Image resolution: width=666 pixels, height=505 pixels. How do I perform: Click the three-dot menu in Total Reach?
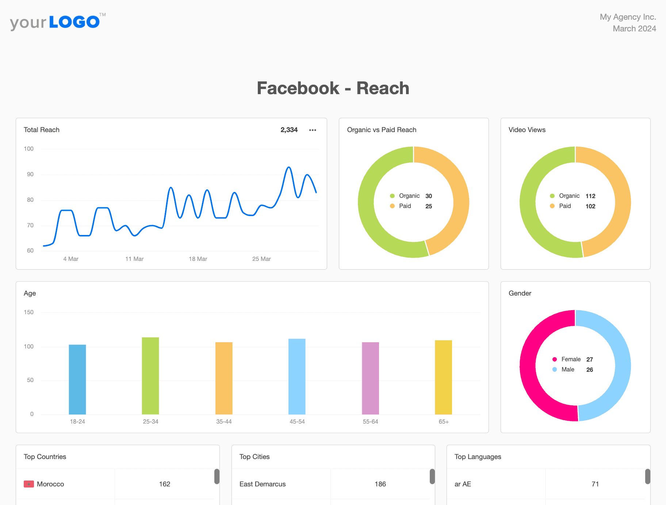click(x=313, y=130)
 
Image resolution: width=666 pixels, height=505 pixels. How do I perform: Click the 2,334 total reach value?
click(x=289, y=130)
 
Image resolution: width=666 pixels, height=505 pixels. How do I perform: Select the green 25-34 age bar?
click(x=150, y=376)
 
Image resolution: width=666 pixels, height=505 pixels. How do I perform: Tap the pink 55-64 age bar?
click(x=370, y=378)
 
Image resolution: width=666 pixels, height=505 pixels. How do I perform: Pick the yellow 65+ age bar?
click(x=443, y=377)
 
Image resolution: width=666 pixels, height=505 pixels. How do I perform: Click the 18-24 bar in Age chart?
click(x=77, y=379)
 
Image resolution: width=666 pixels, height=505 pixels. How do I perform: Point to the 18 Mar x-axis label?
click(x=198, y=259)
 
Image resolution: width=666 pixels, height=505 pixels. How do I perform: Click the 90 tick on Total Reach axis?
click(x=30, y=174)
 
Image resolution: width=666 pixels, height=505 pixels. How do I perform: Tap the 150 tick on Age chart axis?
click(x=28, y=312)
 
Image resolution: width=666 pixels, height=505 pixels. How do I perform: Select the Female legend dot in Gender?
click(x=555, y=359)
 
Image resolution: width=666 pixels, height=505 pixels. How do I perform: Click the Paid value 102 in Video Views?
click(x=590, y=206)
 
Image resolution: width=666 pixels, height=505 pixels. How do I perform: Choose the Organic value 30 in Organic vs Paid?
click(x=429, y=196)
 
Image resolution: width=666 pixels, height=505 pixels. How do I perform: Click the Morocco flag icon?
click(x=29, y=484)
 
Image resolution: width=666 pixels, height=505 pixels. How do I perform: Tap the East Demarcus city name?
click(x=263, y=484)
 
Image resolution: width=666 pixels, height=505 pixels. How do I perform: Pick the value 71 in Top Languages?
click(x=595, y=484)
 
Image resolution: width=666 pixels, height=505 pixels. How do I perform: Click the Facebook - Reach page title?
click(x=333, y=88)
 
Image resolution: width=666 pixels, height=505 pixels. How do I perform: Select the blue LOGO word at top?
click(x=74, y=22)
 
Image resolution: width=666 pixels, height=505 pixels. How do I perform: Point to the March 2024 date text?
click(x=634, y=28)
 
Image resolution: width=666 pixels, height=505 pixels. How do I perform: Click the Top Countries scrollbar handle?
click(x=217, y=477)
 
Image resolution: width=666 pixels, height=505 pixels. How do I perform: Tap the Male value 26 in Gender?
click(x=590, y=370)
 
